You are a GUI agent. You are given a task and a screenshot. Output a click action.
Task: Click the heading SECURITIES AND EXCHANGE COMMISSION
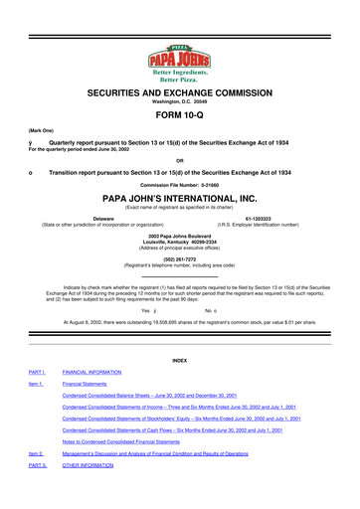coord(179,90)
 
